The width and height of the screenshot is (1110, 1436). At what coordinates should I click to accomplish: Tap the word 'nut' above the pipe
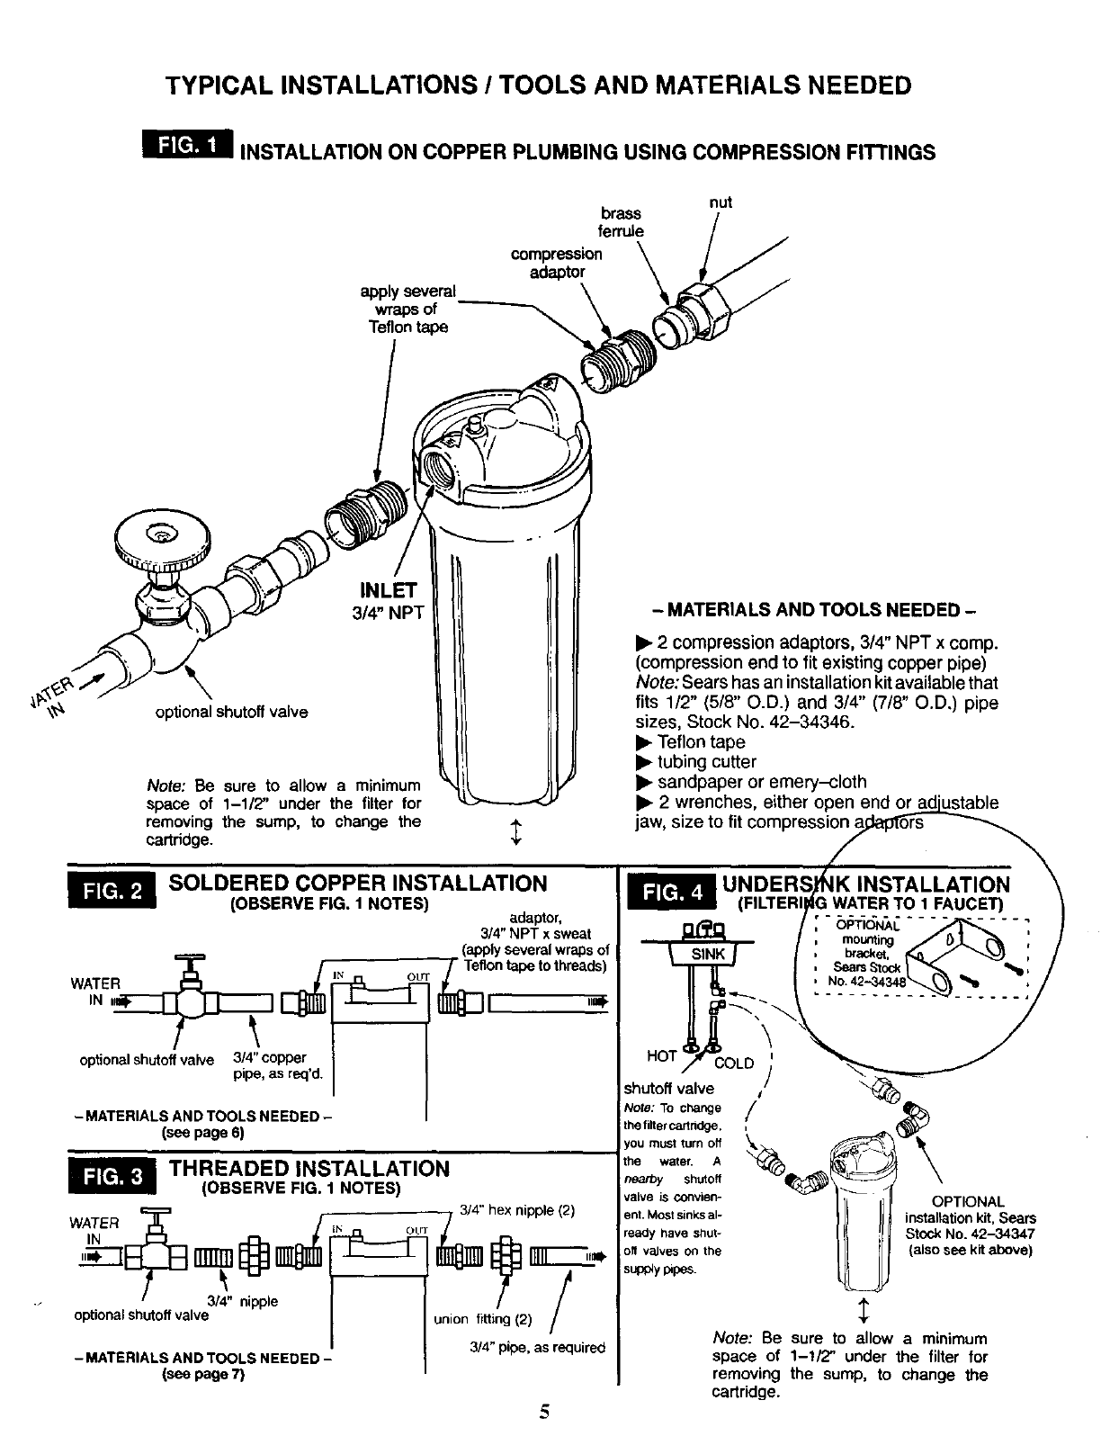pos(721,202)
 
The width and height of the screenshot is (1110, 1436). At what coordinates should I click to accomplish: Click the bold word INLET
pos(388,590)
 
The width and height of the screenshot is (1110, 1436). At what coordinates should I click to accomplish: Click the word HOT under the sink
pos(662,1055)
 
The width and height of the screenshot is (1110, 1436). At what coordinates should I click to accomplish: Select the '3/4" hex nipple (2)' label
pos(516,1209)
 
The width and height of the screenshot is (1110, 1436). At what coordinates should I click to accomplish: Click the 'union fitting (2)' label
pos(482,1320)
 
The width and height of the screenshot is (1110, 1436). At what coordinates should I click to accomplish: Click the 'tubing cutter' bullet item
pos(706,762)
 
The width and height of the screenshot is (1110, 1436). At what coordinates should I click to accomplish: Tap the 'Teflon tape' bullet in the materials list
pos(701,742)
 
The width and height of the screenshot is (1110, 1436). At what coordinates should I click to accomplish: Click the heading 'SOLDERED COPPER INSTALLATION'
pos(357,883)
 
